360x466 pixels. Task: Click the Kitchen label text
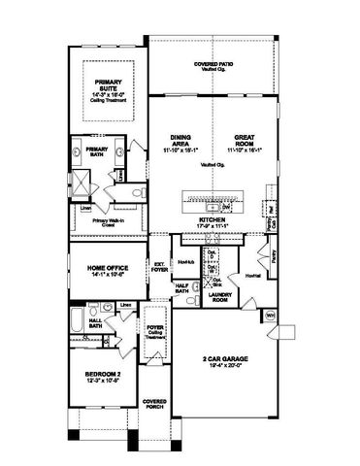212,220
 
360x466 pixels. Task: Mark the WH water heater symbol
270,315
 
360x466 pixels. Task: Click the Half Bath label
181,288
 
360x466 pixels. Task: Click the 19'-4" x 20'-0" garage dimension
226,368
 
